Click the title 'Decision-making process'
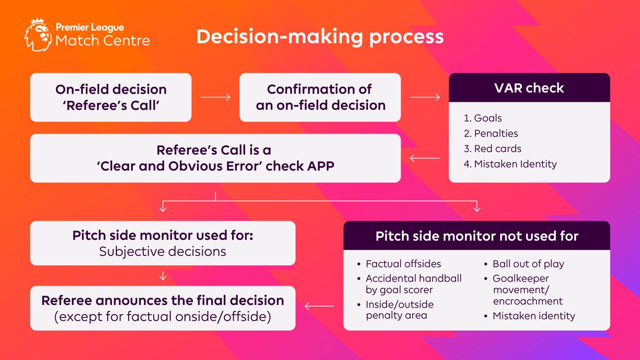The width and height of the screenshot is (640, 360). pos(319,36)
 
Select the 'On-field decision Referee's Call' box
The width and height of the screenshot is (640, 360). pos(110,97)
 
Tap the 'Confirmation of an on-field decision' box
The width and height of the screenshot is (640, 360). pos(320,97)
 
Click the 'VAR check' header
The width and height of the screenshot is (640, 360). pos(529,88)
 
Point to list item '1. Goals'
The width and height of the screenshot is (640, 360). pos(483,118)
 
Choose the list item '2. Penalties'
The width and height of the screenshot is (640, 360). pos(491,133)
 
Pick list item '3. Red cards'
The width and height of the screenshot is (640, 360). pos(492,149)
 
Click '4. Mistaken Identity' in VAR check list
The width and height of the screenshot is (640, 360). pos(510,164)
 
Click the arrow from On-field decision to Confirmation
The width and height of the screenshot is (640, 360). pos(215,98)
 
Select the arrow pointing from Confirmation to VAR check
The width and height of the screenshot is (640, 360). pos(425,98)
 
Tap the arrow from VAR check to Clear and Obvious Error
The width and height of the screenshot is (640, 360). pos(425,158)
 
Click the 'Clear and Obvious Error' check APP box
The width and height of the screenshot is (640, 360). pos(215,158)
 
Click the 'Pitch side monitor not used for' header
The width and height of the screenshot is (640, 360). pos(476,236)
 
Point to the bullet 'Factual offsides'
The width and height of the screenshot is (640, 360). pos(403,263)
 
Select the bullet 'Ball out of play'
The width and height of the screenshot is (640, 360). pos(528,263)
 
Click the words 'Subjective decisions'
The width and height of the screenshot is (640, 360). pos(163,251)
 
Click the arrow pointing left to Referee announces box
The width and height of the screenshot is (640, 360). pos(319,307)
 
